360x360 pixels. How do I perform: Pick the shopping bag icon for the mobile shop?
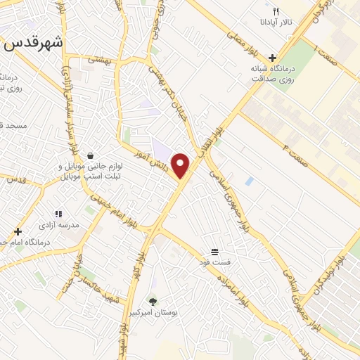click(90, 156)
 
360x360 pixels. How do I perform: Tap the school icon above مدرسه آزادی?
click(58, 214)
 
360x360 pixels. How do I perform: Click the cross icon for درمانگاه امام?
click(18, 231)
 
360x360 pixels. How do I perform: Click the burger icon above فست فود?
click(214, 251)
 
